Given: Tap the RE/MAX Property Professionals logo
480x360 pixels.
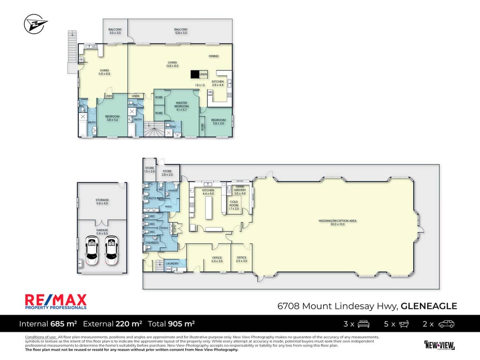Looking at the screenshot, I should (x=56, y=302).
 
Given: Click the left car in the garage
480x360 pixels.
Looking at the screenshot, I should (x=92, y=251).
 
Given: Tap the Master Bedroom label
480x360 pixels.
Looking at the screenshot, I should (x=181, y=106).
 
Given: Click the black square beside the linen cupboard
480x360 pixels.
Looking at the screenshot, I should (x=195, y=74).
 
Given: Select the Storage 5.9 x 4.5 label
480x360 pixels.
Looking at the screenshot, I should (x=102, y=202).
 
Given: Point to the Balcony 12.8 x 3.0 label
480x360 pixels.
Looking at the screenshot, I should (x=181, y=31).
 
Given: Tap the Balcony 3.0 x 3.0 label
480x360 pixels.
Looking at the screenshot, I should (x=115, y=31).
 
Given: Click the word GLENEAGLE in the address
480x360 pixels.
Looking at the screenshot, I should (x=429, y=306).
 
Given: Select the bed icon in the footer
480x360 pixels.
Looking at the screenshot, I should (x=363, y=324).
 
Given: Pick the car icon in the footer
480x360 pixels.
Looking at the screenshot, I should (x=446, y=324).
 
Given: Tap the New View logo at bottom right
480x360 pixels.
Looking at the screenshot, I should (x=439, y=345).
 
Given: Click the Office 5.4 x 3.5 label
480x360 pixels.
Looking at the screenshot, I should (x=216, y=259).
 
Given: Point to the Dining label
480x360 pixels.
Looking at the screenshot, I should (x=214, y=56).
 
